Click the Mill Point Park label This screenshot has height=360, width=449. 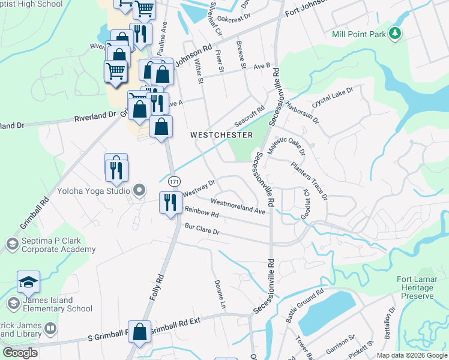(x=359, y=34)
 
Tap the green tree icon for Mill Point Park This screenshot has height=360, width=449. (x=395, y=34)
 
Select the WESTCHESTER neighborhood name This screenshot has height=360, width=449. (x=221, y=135)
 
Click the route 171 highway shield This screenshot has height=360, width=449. (x=174, y=181)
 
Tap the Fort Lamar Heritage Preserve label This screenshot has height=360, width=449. (x=415, y=287)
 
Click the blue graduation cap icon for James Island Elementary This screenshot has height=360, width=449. (x=28, y=281)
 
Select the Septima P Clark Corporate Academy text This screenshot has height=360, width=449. (x=59, y=245)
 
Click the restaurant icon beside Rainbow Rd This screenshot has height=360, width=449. (x=170, y=202)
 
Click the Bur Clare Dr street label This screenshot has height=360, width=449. (x=202, y=231)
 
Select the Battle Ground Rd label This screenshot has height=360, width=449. (x=304, y=306)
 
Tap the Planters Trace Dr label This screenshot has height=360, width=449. (x=309, y=180)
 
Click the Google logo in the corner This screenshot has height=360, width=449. (x=20, y=353)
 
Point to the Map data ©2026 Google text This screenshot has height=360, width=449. (x=411, y=355)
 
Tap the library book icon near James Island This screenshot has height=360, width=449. (x=50, y=329)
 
